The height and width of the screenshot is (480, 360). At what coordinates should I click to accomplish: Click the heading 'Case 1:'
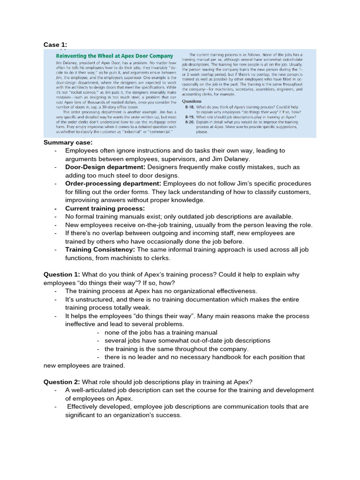55,45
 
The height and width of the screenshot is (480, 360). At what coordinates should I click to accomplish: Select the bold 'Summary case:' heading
68,142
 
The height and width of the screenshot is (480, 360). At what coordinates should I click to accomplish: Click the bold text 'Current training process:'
105,208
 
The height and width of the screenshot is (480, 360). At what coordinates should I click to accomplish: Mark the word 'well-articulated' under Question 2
97,390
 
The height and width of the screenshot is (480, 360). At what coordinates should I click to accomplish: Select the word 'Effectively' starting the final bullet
84,406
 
